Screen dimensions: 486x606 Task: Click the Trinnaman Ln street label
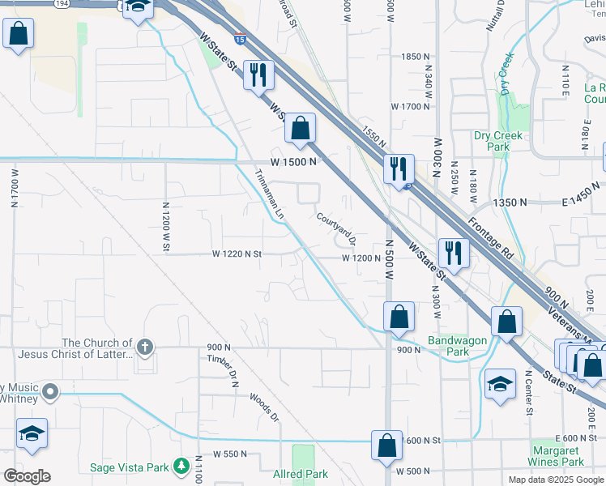[270, 194]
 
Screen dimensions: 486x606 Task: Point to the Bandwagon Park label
[449, 347]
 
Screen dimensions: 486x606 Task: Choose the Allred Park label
[300, 474]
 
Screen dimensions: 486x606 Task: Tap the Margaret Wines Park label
[557, 456]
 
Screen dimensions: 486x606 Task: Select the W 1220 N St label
[237, 254]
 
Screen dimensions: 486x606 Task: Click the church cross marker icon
[145, 347]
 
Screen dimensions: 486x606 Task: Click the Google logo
[26, 476]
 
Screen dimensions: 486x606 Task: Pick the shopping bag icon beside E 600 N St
[387, 446]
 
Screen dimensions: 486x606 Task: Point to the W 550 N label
[230, 454]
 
